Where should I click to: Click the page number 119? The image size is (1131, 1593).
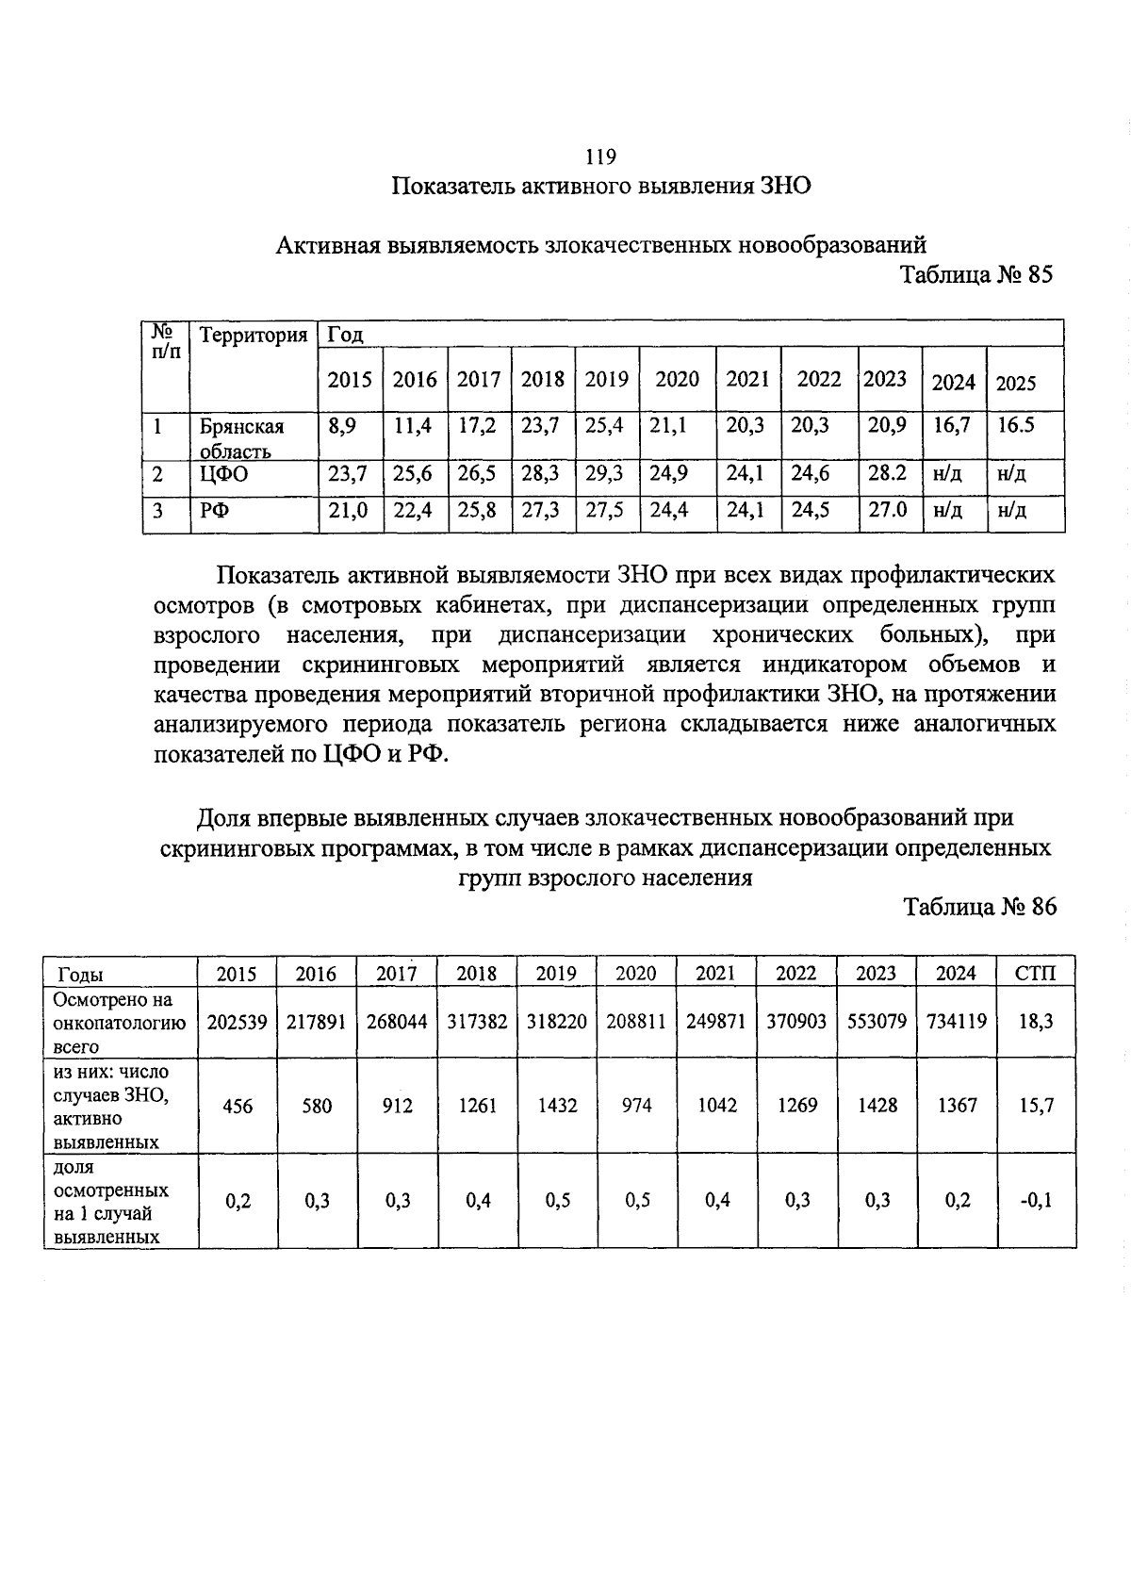click(x=600, y=156)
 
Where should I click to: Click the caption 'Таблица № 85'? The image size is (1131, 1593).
click(x=975, y=274)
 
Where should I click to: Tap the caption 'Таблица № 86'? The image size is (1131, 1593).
click(x=980, y=907)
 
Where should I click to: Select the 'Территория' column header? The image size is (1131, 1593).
click(x=254, y=336)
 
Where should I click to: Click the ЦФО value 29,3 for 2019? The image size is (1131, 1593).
click(x=604, y=473)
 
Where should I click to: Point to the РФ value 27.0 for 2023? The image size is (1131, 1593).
click(x=887, y=510)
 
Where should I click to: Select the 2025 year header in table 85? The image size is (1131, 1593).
click(x=1015, y=383)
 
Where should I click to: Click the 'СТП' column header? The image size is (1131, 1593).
click(x=1035, y=974)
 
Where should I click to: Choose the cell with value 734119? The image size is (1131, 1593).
click(x=957, y=1021)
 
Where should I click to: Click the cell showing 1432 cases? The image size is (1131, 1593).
click(x=557, y=1105)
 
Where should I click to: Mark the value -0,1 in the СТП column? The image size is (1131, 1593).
click(x=1035, y=1200)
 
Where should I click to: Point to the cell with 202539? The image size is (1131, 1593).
click(x=237, y=1021)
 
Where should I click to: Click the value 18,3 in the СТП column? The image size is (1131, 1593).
click(x=1036, y=1021)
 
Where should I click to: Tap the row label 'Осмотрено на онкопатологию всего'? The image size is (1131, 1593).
click(x=120, y=1022)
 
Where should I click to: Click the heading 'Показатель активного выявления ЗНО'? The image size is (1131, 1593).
click(x=601, y=186)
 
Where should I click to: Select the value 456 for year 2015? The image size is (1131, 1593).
click(x=238, y=1105)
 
